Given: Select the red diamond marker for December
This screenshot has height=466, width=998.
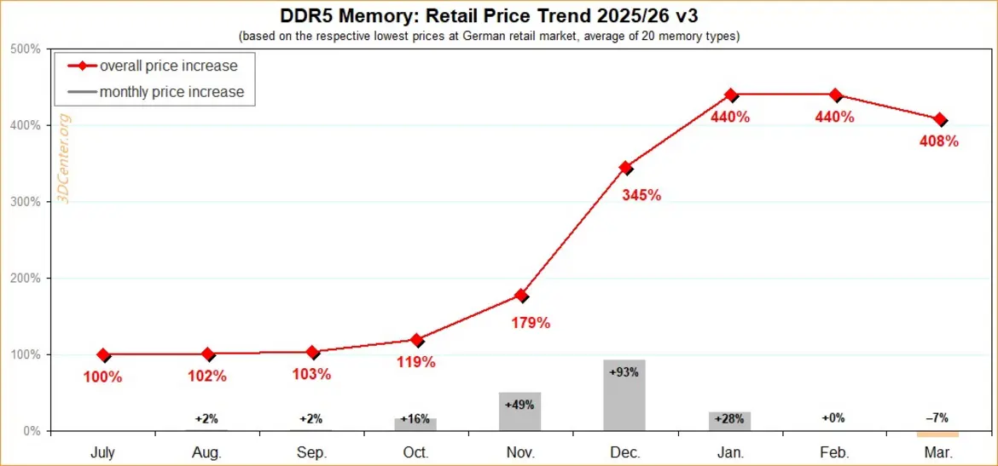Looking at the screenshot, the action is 625,168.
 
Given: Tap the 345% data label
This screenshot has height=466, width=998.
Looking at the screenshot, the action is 641,195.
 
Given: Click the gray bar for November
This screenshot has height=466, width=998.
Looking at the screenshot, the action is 520,411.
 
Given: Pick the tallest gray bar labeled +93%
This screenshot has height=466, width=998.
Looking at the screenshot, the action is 624,395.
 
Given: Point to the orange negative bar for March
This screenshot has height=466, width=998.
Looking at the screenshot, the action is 937,434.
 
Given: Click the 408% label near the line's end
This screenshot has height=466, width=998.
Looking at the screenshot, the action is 939,141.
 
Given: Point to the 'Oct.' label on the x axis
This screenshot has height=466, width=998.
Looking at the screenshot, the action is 415,452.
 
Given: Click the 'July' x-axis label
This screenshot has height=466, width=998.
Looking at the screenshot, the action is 102,452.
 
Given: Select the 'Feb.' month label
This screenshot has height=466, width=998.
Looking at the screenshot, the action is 833,452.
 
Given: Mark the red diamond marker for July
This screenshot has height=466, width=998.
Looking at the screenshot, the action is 103,354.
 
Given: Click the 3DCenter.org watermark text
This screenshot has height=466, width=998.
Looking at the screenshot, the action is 64,158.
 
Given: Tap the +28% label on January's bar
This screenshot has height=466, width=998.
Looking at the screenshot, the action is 728,420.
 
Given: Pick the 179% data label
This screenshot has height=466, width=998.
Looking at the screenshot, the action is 531,323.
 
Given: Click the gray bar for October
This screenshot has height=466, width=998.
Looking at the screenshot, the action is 415,424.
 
